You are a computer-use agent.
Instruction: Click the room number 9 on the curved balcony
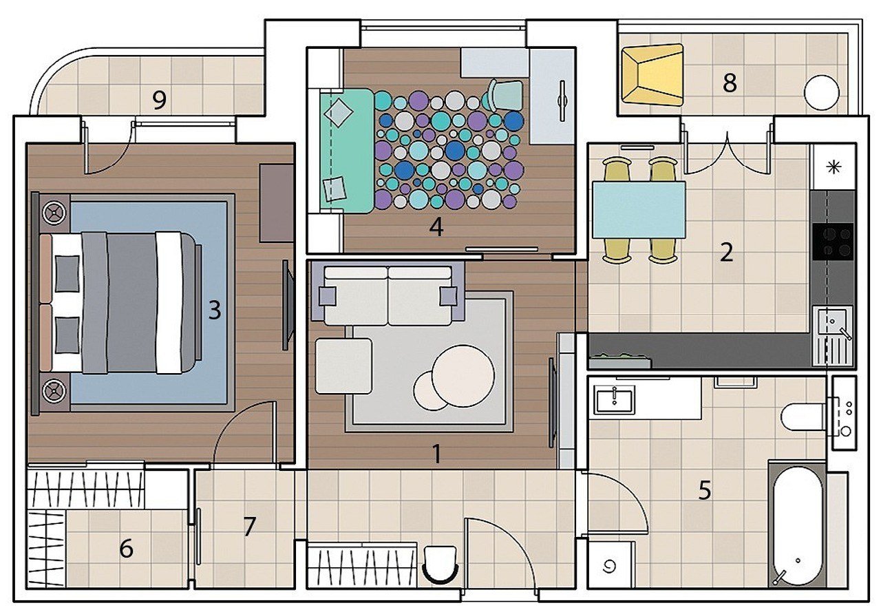point(159,101)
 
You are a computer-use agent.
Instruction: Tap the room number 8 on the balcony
point(730,83)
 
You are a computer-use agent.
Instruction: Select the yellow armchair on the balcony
point(652,75)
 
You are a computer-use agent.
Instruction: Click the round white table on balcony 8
point(822,93)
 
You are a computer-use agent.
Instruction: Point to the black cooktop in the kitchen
point(833,242)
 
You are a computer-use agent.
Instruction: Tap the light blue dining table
point(639,210)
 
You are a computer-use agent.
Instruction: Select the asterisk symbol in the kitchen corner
point(834,167)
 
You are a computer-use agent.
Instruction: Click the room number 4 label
point(436,227)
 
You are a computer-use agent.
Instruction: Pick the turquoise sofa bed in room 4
point(347,151)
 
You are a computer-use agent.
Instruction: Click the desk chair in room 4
point(505,95)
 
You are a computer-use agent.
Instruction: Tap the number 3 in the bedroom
point(214,310)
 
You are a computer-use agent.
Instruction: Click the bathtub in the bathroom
point(798,527)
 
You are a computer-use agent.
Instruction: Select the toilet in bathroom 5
point(803,417)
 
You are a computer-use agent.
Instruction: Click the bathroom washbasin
point(615,401)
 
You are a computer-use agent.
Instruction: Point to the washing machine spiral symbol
point(608,567)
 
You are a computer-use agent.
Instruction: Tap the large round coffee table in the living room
point(463,376)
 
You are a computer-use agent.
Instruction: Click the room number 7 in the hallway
point(249,526)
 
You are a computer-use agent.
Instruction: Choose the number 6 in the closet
point(126,548)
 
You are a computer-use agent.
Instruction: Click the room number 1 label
point(436,454)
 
